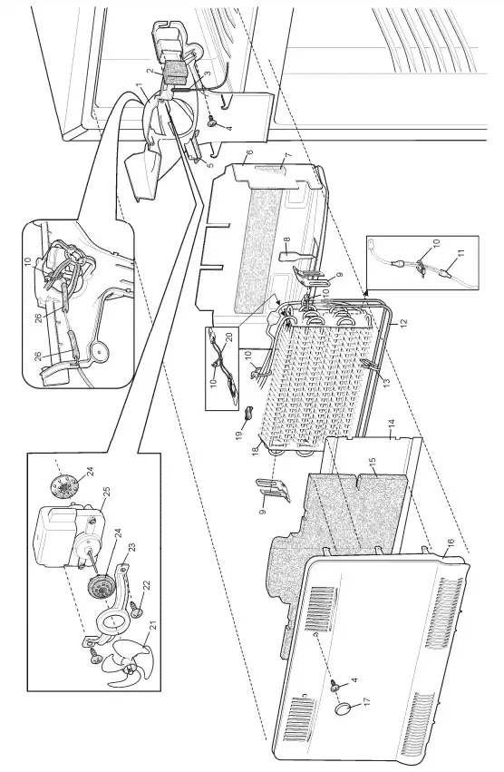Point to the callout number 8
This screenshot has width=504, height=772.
click(x=288, y=244)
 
